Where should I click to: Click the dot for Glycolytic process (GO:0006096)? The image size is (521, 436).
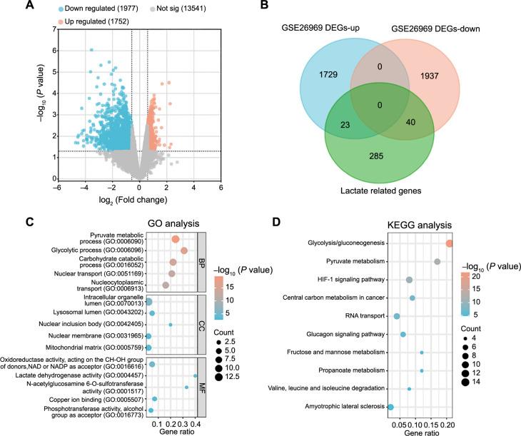184,250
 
